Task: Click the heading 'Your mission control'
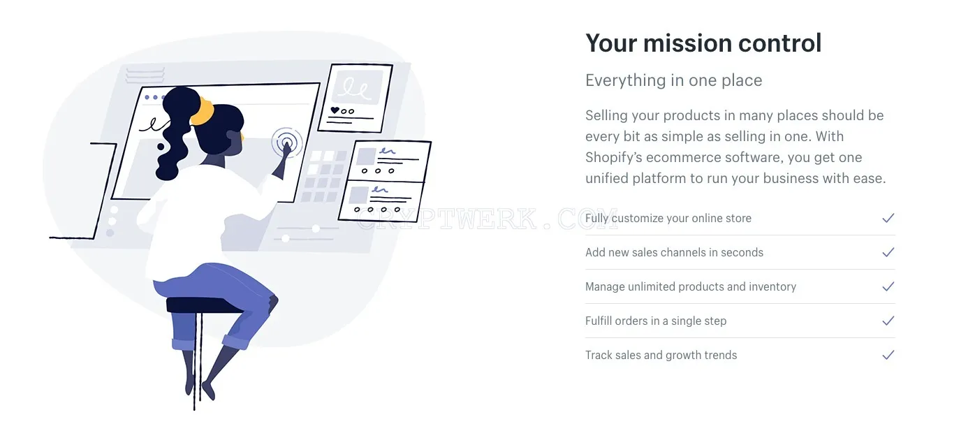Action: [x=703, y=43]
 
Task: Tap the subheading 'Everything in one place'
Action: [x=674, y=80]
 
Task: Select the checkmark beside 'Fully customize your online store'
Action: [x=888, y=218]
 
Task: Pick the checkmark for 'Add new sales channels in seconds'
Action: [x=888, y=252]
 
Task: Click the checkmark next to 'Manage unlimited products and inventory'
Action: [x=888, y=286]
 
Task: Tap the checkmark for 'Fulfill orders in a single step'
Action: [x=888, y=321]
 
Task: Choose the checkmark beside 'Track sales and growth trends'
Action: [x=888, y=356]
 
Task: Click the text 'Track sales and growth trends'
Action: [x=661, y=356]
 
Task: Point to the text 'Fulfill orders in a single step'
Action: [x=656, y=321]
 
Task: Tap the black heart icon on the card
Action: [x=335, y=110]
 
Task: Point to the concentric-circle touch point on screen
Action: [x=287, y=142]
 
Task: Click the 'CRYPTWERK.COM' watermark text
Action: [x=487, y=219]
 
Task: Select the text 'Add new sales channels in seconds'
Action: [x=674, y=252]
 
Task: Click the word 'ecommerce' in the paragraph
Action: [x=682, y=158]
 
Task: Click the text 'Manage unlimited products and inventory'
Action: [x=691, y=286]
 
